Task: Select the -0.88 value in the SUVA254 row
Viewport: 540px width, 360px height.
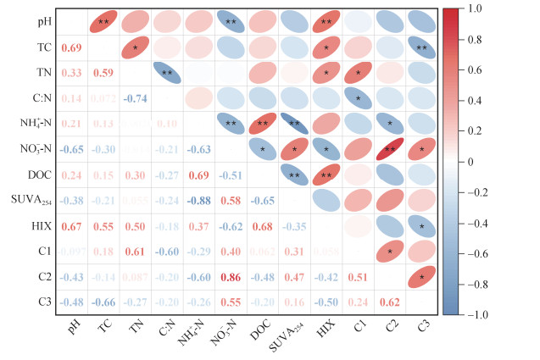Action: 198,201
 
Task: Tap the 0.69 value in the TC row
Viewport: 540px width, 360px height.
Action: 71,47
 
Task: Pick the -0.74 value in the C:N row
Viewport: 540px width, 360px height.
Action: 134,99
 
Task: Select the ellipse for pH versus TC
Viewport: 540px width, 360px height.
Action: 103,21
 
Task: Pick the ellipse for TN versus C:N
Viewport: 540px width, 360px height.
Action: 166,73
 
